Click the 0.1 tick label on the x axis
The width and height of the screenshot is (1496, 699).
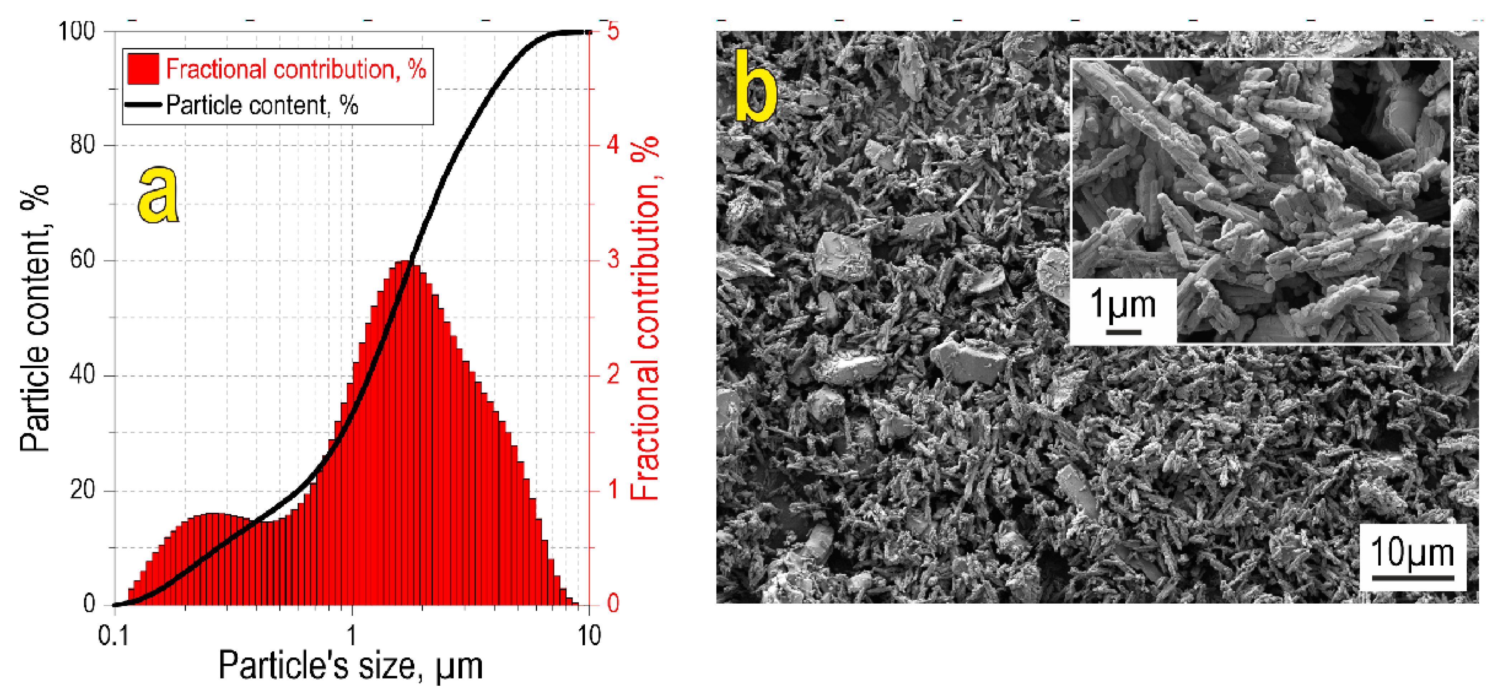tap(113, 636)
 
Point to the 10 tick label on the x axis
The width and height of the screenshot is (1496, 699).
tap(589, 636)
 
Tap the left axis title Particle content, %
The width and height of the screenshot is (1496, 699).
tap(35, 318)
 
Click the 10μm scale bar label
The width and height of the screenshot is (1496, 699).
tap(1412, 552)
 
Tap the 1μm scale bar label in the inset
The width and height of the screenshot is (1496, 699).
tap(1122, 304)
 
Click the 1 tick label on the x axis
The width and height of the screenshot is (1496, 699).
tap(351, 636)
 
